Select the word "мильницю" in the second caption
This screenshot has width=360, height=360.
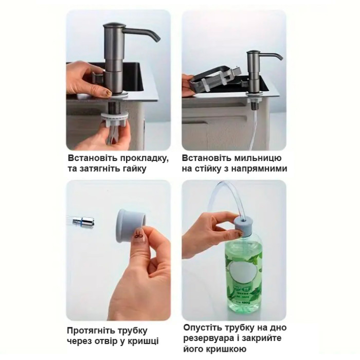[259, 157]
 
